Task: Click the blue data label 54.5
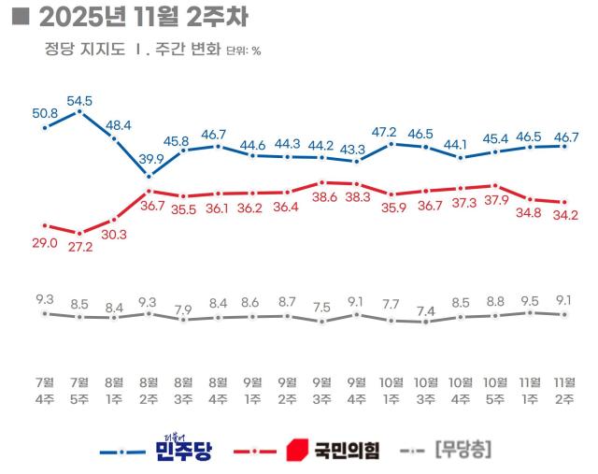(x=79, y=99)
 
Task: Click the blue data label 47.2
(x=392, y=132)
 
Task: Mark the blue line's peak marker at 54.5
(x=79, y=111)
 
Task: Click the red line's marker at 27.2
(x=79, y=233)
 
